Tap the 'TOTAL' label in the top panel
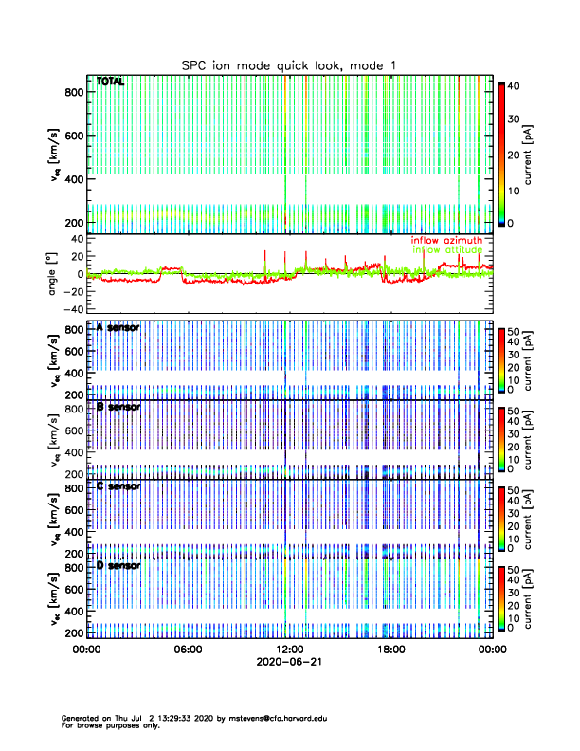pyautogui.click(x=111, y=82)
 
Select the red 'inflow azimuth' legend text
pyautogui.click(x=446, y=241)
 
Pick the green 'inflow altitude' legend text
pyautogui.click(x=447, y=250)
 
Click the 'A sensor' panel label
pyautogui.click(x=118, y=327)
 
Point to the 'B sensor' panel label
pyautogui.click(x=118, y=407)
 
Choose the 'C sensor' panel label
pyautogui.click(x=118, y=486)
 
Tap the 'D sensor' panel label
pyautogui.click(x=118, y=565)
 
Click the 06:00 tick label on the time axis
pyautogui.click(x=188, y=650)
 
